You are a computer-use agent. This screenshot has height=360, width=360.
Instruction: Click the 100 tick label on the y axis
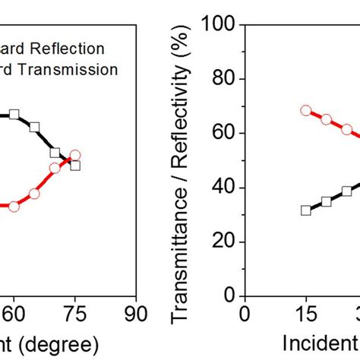click(x=217, y=25)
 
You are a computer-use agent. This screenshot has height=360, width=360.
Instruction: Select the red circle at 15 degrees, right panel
click(x=305, y=110)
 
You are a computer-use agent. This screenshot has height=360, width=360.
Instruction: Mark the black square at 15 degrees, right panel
click(x=305, y=210)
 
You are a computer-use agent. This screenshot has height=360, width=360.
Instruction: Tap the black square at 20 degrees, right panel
click(x=327, y=201)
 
